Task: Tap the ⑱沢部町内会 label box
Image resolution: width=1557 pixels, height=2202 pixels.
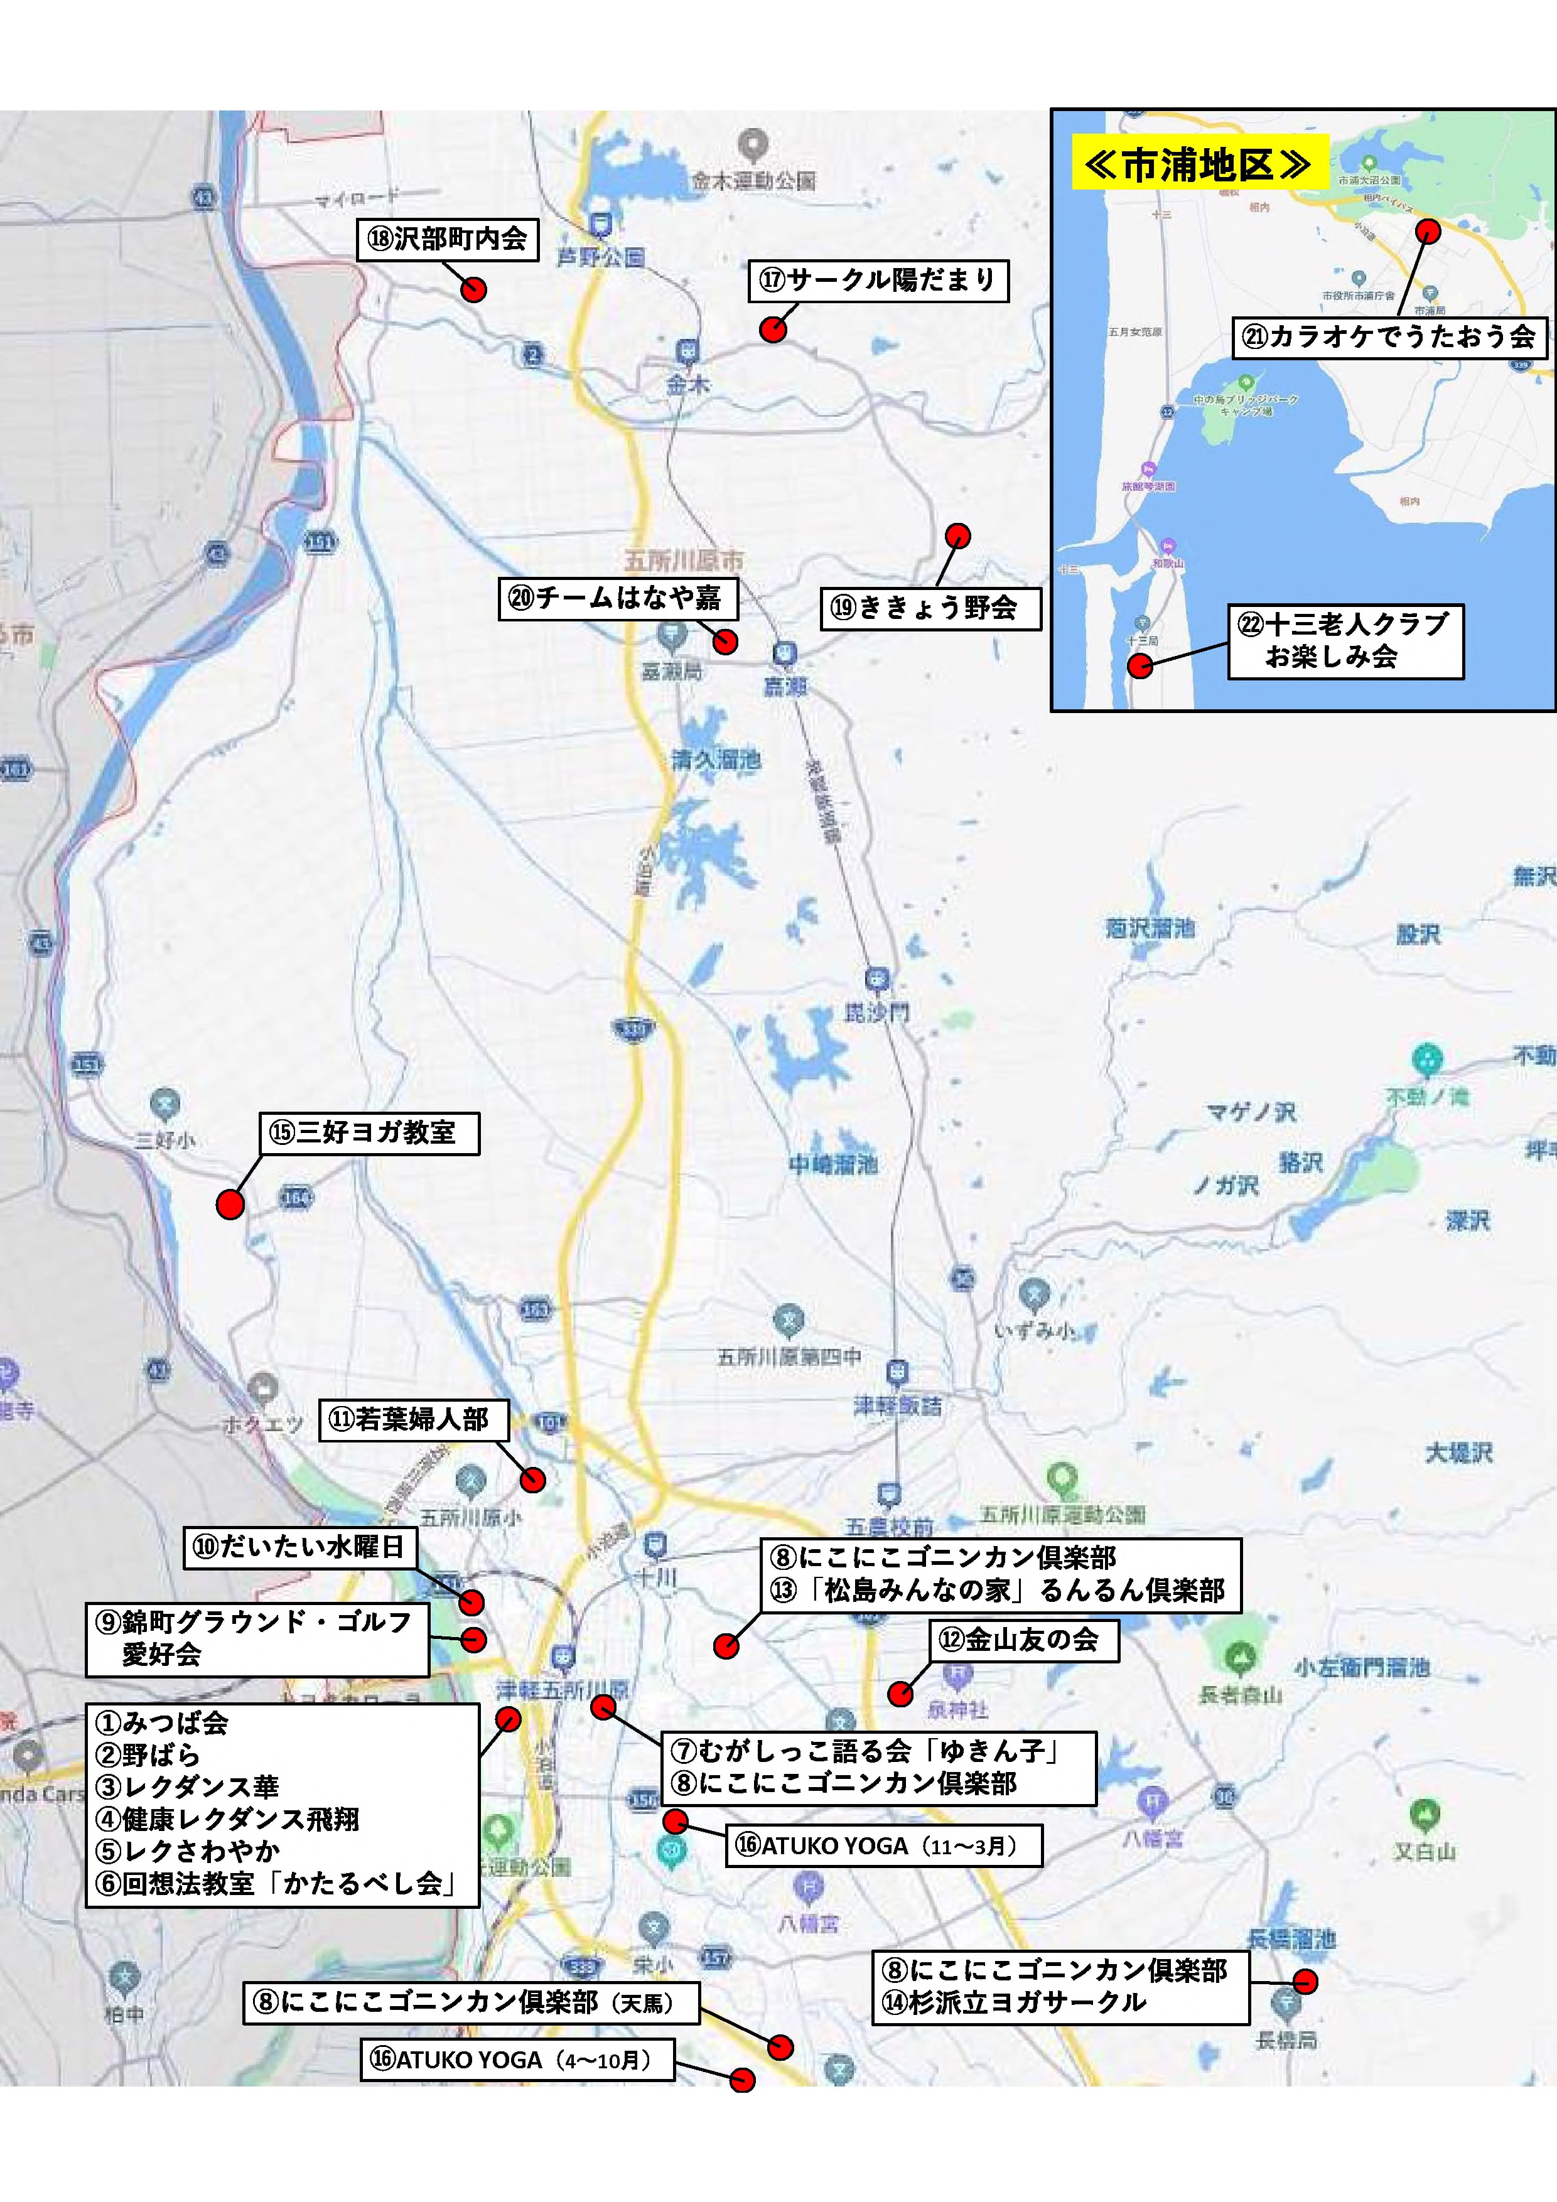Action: coord(447,239)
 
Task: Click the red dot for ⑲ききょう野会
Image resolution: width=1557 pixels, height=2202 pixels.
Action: coord(957,535)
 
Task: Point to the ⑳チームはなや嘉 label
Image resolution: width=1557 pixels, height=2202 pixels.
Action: coord(617,598)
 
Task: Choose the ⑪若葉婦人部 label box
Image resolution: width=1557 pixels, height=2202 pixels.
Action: coord(412,1419)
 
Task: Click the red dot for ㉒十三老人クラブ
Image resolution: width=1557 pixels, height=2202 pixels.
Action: coord(1139,665)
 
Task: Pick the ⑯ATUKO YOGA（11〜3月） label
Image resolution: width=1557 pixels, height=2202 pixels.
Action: coord(883,1845)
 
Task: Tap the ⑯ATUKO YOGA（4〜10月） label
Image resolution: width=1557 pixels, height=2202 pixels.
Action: coord(517,2059)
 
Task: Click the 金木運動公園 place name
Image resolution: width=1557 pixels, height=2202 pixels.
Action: coord(754,180)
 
